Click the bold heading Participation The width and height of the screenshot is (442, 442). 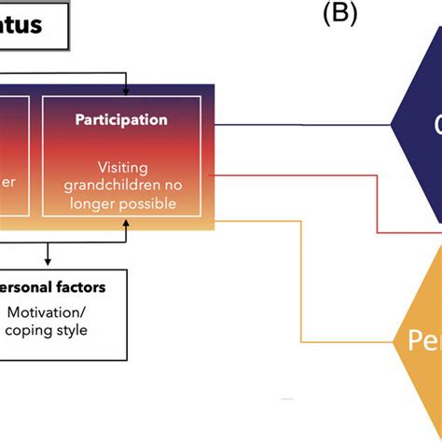(123, 119)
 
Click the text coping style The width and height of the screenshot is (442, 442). (53, 329)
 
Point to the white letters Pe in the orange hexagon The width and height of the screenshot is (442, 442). (421, 341)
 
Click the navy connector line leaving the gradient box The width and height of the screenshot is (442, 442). (298, 124)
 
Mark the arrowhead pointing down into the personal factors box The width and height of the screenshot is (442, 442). (48, 262)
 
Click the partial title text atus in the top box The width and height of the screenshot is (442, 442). (21, 24)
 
